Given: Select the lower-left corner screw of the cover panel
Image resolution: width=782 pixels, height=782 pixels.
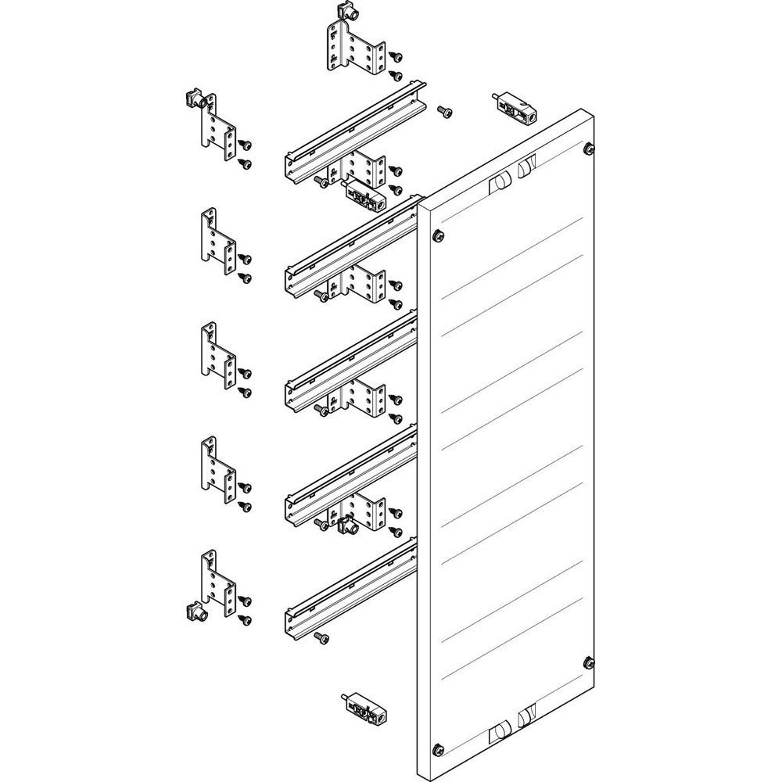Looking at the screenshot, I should pos(438,748).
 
